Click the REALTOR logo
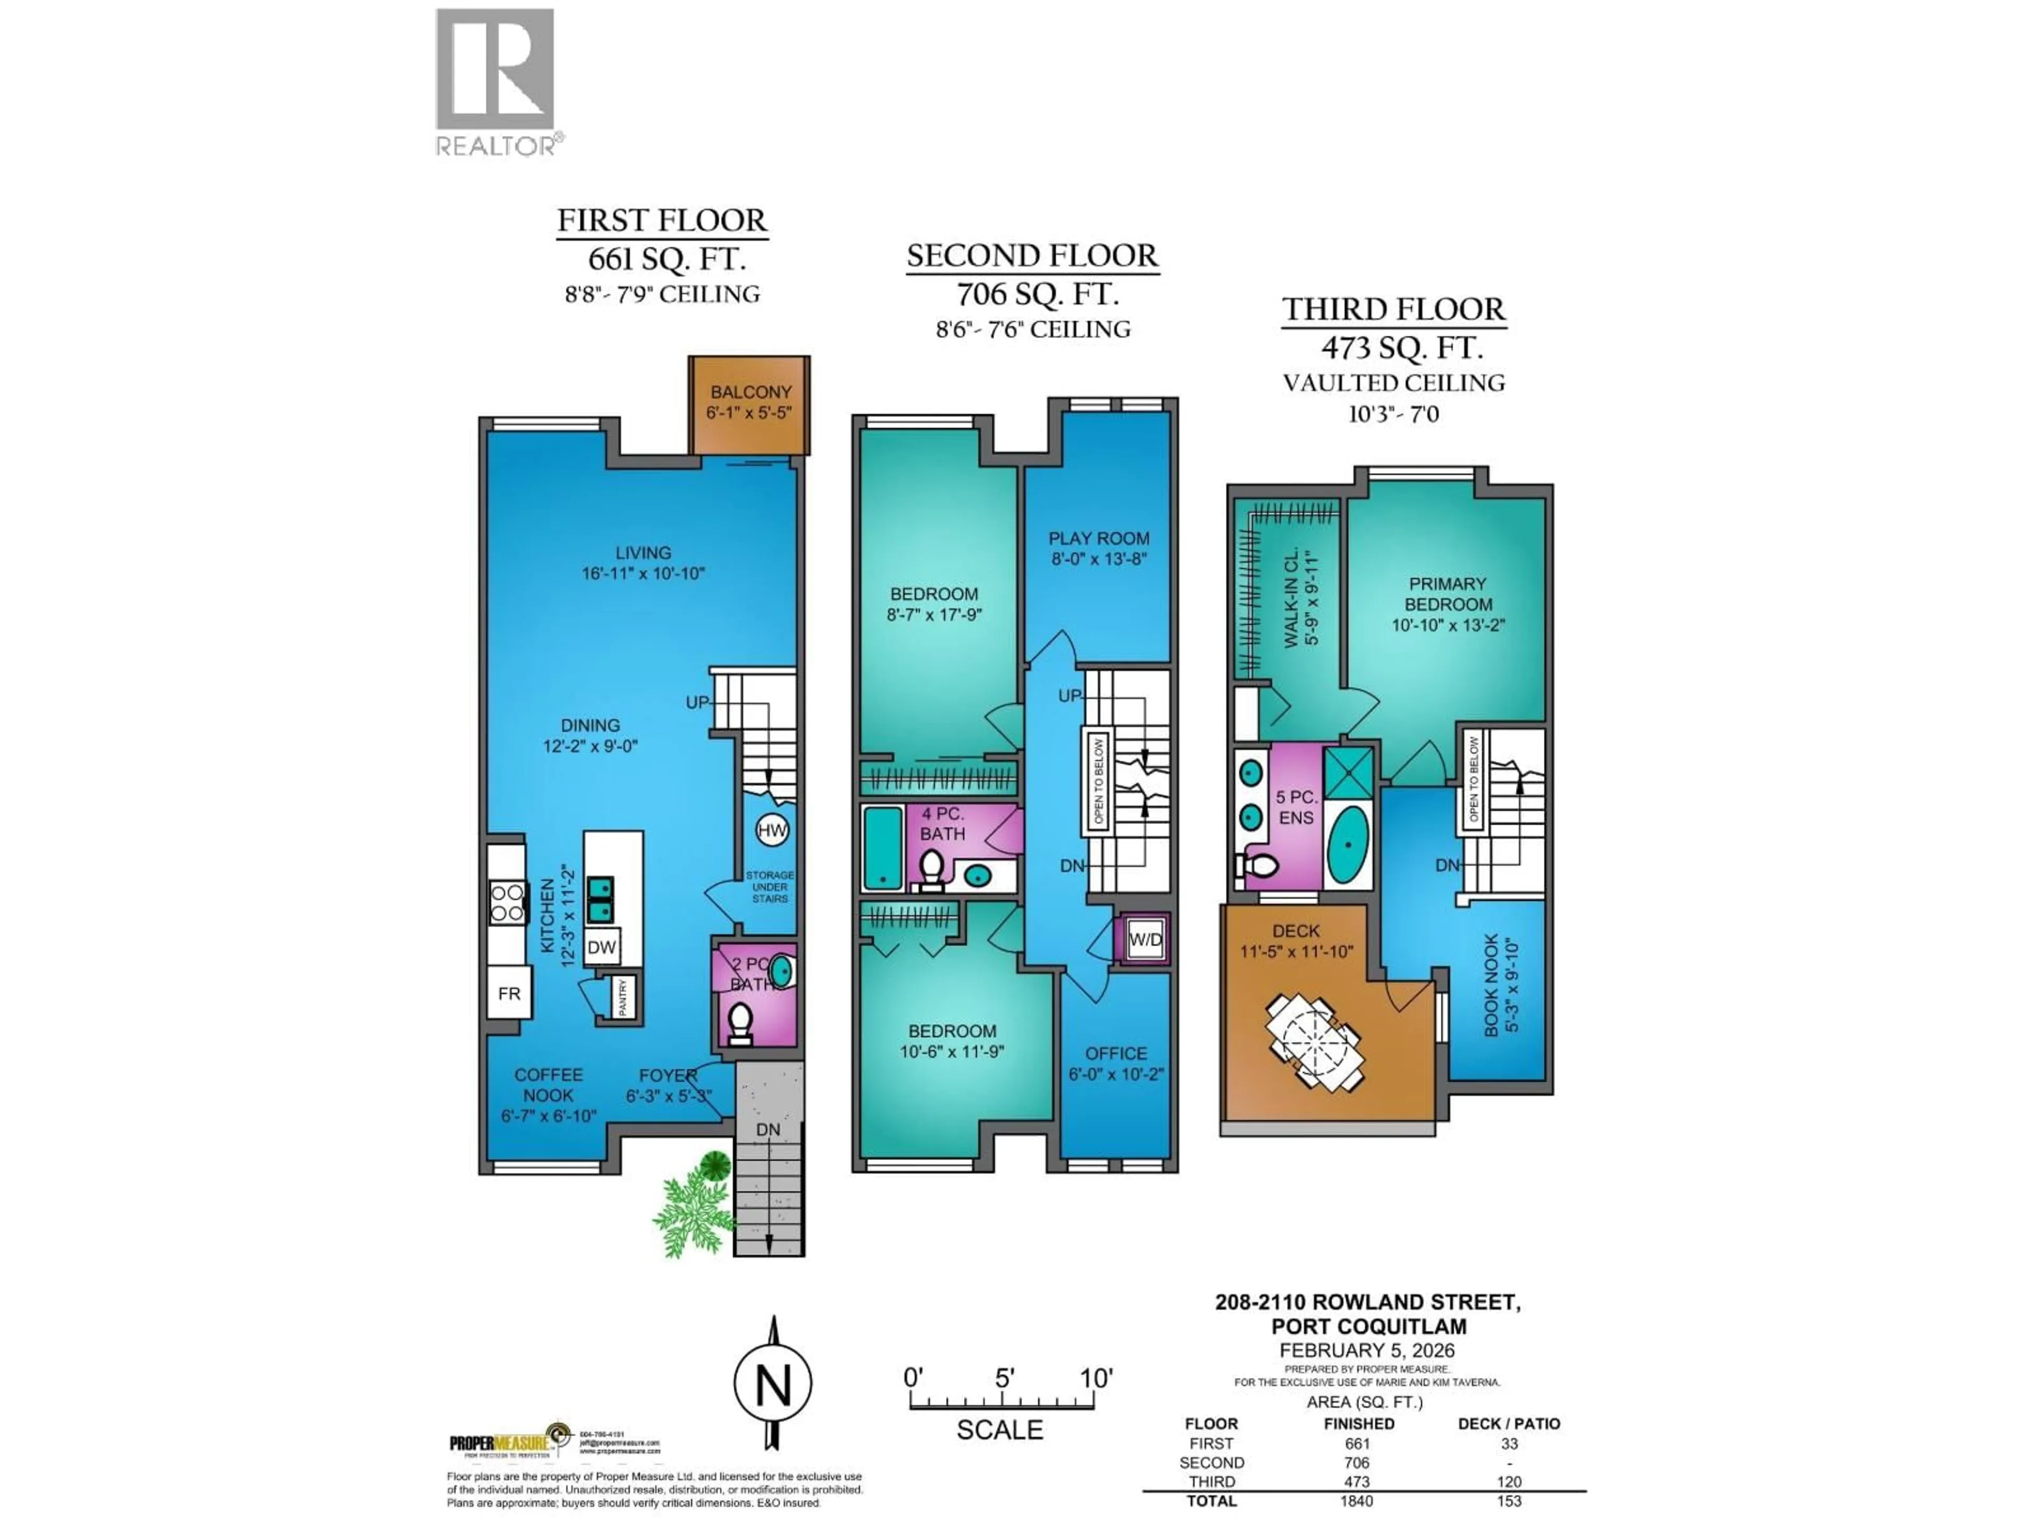[495, 81]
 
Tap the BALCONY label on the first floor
[750, 392]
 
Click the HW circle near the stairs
[771, 830]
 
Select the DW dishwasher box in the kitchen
[601, 947]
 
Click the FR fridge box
[509, 993]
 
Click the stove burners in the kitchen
[507, 902]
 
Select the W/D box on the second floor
[1145, 940]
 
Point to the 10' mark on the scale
[1095, 1378]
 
